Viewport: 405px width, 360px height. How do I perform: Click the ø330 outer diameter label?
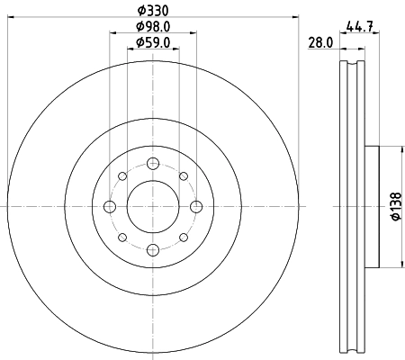(153, 11)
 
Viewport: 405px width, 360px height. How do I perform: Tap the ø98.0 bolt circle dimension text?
(154, 27)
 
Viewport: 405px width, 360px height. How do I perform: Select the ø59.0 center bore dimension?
(154, 43)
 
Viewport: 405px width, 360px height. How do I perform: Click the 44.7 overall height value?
(359, 28)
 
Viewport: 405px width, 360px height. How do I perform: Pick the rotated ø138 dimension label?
(393, 206)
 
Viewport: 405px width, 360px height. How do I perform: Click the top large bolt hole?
(153, 163)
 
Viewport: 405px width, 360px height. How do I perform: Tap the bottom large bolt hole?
(153, 251)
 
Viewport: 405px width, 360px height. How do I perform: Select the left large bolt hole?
(110, 207)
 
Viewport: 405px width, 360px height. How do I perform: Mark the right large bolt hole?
(197, 207)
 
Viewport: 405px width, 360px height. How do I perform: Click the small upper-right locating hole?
(184, 176)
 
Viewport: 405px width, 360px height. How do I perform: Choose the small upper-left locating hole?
(122, 176)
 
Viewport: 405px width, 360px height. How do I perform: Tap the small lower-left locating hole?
(122, 238)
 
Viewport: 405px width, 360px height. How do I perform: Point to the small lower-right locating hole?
(184, 238)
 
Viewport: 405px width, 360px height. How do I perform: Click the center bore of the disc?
(153, 207)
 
